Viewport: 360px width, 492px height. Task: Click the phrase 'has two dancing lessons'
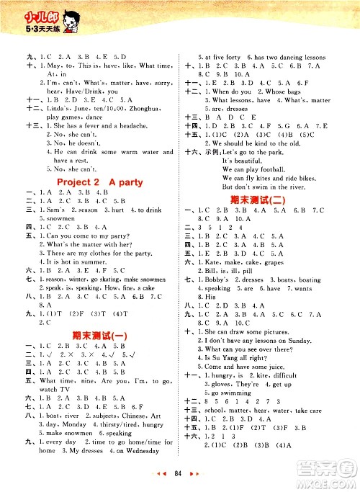click(x=289, y=58)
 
